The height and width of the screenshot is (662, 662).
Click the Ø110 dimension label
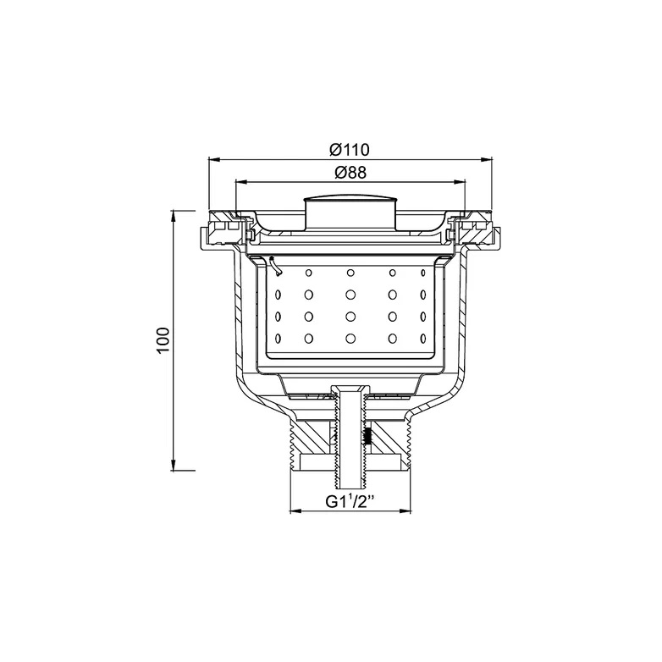point(350,150)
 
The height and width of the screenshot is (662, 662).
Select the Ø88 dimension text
point(350,172)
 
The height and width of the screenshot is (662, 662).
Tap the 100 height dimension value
point(163,340)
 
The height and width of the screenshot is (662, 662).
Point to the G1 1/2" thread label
point(350,502)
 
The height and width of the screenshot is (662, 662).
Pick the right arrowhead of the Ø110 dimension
point(487,160)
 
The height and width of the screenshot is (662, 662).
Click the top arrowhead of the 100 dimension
point(173,216)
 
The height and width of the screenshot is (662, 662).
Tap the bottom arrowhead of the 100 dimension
point(173,465)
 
